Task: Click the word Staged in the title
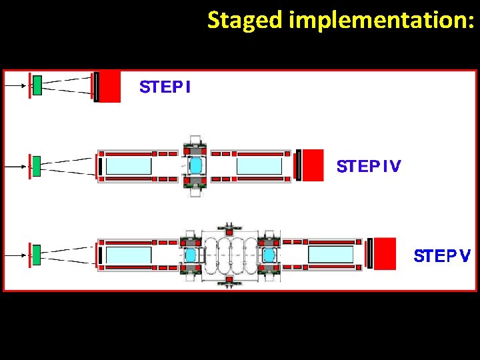coord(245,21)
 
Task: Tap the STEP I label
coord(165,87)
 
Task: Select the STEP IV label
coord(369,166)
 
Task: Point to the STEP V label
coord(442,256)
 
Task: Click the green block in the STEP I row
coord(37,85)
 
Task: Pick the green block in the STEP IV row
coord(36,165)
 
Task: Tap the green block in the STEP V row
coord(36,253)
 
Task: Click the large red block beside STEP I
coord(110,87)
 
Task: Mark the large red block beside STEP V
coord(385,253)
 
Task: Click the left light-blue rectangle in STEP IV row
coord(129,165)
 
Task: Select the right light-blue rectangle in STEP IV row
coord(259,165)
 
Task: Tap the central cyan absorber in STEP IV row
coord(196,165)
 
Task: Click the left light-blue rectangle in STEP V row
coord(129,254)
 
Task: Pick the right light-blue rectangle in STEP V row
coord(331,254)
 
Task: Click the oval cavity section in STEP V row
coord(229,254)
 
